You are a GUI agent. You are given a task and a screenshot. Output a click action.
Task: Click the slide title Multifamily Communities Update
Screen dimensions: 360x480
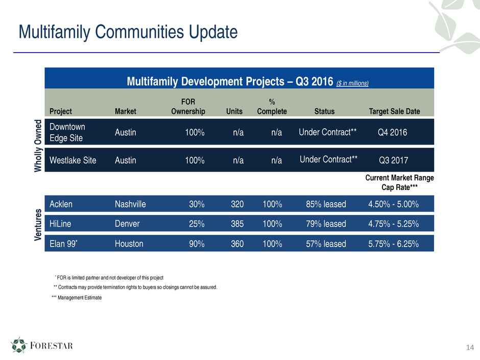[128, 33]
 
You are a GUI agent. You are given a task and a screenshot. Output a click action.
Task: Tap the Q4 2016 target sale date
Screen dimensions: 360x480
[392, 132]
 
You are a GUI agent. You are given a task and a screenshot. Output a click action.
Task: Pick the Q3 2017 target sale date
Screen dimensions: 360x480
[394, 160]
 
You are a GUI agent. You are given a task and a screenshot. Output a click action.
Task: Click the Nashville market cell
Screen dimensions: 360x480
[130, 204]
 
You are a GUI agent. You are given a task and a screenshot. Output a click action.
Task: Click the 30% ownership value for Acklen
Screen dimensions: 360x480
[197, 204]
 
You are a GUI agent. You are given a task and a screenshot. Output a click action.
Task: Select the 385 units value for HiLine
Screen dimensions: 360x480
[237, 224]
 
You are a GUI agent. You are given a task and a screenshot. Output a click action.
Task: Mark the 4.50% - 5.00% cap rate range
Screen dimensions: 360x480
[393, 204]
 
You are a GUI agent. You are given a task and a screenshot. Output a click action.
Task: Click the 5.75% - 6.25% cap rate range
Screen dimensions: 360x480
[393, 244]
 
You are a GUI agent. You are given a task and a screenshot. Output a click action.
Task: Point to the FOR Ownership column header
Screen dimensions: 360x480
[188, 107]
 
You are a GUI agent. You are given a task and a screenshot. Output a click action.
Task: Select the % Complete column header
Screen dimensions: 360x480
[272, 107]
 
